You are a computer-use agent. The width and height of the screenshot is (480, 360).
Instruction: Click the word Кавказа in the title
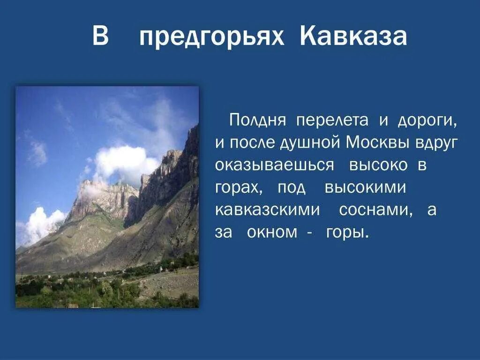(353, 37)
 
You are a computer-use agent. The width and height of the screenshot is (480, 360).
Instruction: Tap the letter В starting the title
(100, 37)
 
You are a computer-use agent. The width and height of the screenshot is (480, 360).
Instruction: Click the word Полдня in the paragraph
(258, 120)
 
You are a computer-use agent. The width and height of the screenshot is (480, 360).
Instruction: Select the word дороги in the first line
(427, 120)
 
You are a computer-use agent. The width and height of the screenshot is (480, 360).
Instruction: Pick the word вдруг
(436, 142)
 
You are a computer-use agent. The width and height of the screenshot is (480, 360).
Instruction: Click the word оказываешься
(275, 165)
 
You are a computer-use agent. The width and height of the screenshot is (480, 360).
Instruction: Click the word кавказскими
(267, 210)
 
